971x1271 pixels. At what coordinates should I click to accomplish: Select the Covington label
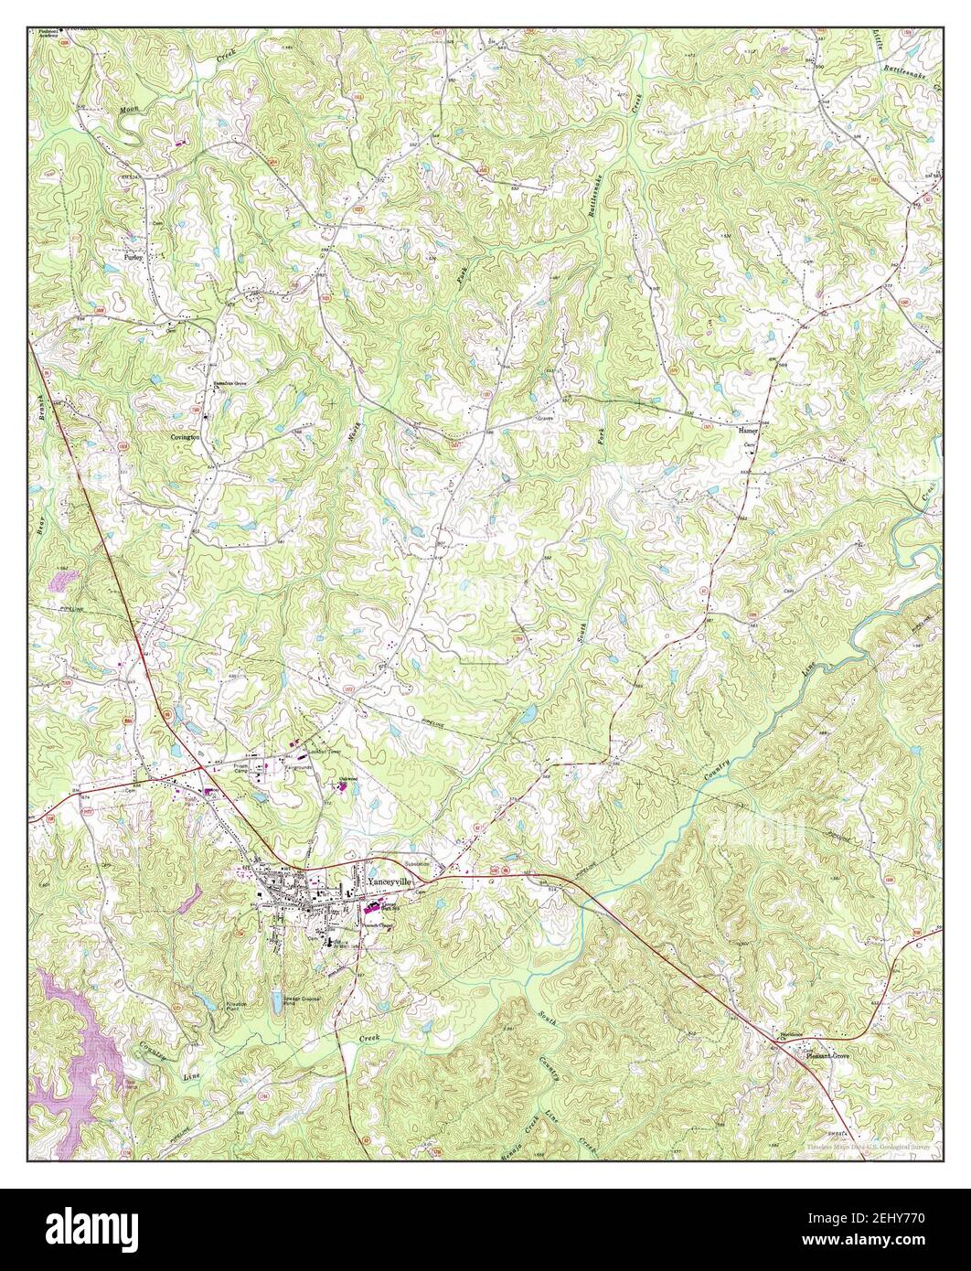pyautogui.click(x=185, y=438)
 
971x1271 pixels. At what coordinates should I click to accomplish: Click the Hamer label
pyautogui.click(x=749, y=428)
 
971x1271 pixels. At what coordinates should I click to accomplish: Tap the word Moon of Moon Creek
pyautogui.click(x=129, y=109)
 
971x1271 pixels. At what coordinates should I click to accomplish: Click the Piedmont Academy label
pyautogui.click(x=53, y=37)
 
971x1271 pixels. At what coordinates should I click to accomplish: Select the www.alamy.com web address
pyautogui.click(x=887, y=1243)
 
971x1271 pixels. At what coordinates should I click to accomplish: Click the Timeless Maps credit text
pyautogui.click(x=869, y=1145)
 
